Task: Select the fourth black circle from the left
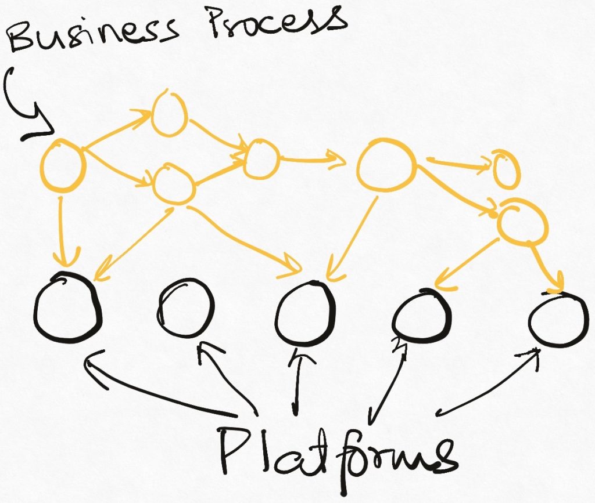point(421,316)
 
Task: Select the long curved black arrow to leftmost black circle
point(157,395)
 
